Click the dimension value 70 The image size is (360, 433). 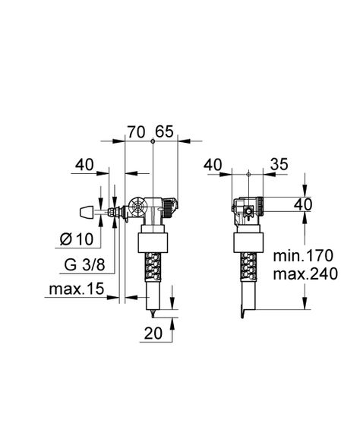coord(136,131)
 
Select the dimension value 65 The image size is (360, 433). coord(165,131)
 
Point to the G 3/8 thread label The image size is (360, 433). coord(78,266)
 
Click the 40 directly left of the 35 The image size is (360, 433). coord(214,165)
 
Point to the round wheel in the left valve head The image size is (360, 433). coord(139,207)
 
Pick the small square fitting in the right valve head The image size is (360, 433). coord(246,211)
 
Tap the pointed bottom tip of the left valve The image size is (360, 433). coord(153,313)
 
